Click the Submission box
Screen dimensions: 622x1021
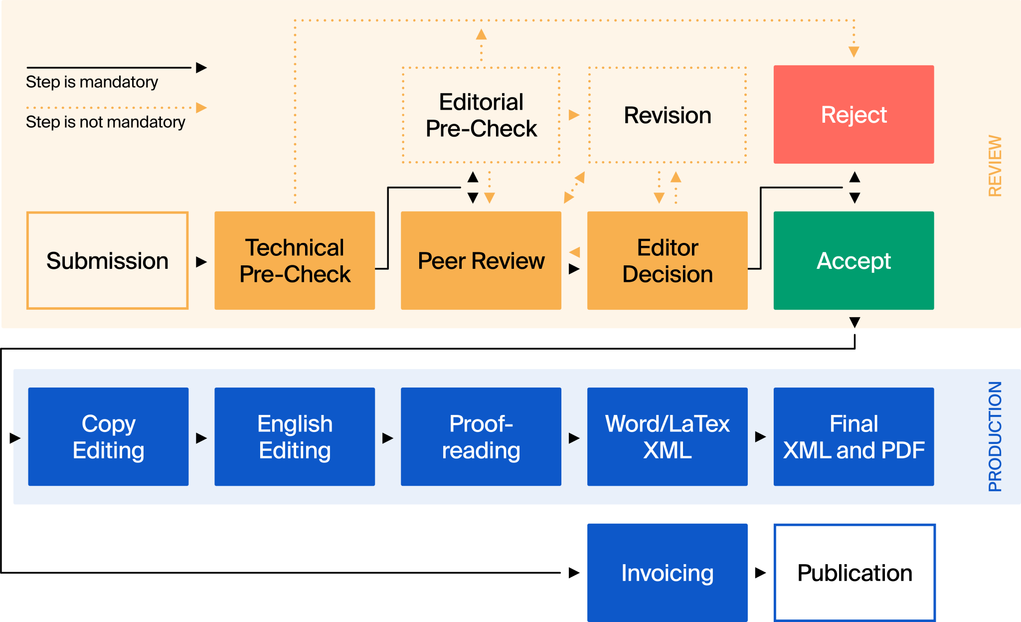pyautogui.click(x=107, y=260)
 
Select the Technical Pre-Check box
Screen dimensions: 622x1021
pyautogui.click(x=295, y=260)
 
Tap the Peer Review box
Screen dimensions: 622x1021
pyautogui.click(x=481, y=260)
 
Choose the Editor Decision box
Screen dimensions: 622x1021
pyautogui.click(x=668, y=260)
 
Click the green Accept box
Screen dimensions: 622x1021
pyautogui.click(x=853, y=260)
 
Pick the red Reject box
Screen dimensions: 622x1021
pyautogui.click(x=853, y=114)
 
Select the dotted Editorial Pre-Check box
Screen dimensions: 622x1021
pyautogui.click(x=481, y=115)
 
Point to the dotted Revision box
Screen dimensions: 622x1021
pyautogui.click(x=668, y=115)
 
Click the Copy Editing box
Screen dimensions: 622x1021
pyautogui.click(x=108, y=436)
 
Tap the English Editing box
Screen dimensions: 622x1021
pyautogui.click(x=295, y=436)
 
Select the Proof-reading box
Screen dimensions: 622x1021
pyautogui.click(x=481, y=436)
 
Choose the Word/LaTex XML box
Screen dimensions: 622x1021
pyautogui.click(x=668, y=436)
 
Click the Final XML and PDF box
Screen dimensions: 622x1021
pyautogui.click(x=853, y=436)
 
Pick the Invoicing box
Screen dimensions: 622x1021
pyautogui.click(x=668, y=572)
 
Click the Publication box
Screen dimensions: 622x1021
pyautogui.click(x=854, y=572)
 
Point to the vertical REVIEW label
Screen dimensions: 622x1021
pyautogui.click(x=995, y=166)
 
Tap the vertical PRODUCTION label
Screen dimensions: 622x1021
pyautogui.click(x=995, y=436)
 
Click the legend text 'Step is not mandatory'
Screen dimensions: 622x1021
pyautogui.click(x=105, y=122)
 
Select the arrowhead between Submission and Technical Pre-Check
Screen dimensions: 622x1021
pyautogui.click(x=201, y=262)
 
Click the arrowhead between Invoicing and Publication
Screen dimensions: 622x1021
pyautogui.click(x=760, y=572)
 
